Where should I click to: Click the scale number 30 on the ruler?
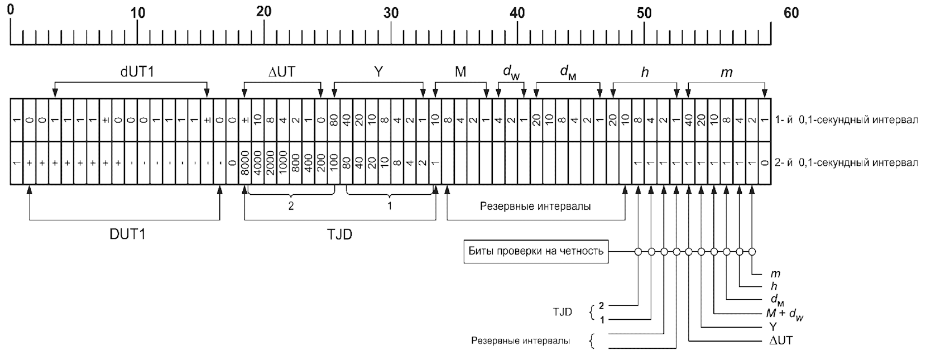[391, 13]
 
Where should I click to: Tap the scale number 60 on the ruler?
[791, 13]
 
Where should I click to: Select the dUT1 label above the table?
[137, 72]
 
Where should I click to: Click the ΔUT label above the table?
[282, 72]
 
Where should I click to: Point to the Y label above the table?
[378, 72]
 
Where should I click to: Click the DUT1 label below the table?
[127, 234]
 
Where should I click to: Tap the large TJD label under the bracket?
[339, 234]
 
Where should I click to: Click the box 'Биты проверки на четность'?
[536, 251]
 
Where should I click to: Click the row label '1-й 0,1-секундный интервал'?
[846, 120]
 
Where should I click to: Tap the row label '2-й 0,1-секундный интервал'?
[846, 163]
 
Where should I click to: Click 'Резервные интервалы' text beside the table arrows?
[535, 206]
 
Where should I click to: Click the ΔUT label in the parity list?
[780, 340]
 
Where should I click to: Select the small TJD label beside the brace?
[562, 312]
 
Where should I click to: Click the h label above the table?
[645, 73]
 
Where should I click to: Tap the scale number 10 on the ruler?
[138, 13]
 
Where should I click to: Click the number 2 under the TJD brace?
[291, 206]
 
